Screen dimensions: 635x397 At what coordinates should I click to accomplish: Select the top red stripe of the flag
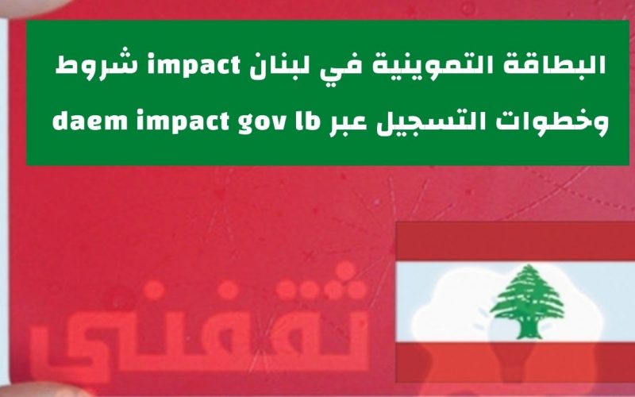click(515, 241)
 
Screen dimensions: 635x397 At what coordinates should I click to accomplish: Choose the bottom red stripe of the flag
click(515, 362)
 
